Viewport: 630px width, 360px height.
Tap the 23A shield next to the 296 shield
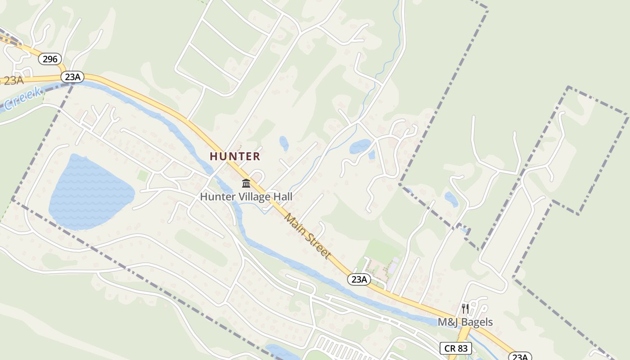(72, 77)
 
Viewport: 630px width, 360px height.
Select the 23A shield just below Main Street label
(359, 279)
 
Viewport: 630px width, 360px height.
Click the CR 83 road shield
(456, 348)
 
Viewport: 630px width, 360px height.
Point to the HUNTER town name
(235, 156)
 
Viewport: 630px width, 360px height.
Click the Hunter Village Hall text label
(246, 197)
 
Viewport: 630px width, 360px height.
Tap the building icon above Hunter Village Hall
(246, 184)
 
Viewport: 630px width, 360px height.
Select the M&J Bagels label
(465, 322)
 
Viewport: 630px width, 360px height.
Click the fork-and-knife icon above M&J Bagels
(465, 309)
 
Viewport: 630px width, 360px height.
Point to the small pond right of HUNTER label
(284, 144)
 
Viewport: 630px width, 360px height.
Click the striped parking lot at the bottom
(342, 348)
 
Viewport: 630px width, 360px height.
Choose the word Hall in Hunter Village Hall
(283, 197)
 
